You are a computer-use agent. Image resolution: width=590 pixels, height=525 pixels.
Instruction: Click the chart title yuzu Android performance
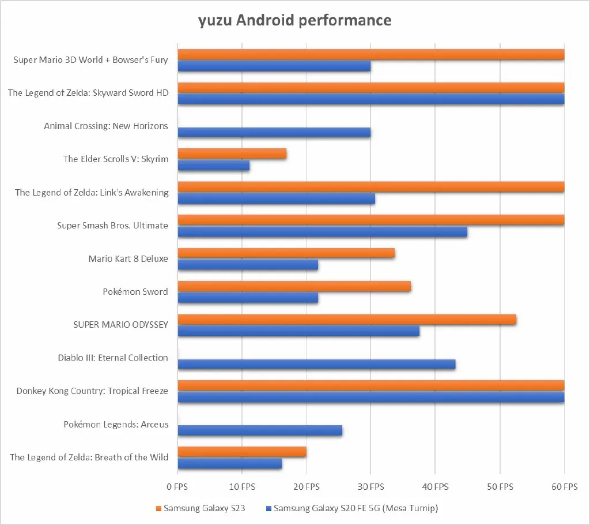click(x=294, y=21)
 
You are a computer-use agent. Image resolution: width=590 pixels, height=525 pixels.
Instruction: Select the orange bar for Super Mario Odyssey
click(x=347, y=320)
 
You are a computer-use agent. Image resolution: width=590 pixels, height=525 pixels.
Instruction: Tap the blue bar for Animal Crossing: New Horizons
click(x=274, y=132)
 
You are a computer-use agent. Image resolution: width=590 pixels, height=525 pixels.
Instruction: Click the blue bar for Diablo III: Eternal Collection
click(x=317, y=364)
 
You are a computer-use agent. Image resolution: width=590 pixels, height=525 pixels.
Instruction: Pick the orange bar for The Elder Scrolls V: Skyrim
click(x=232, y=153)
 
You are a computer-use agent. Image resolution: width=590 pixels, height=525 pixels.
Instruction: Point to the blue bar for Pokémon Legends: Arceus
click(x=260, y=430)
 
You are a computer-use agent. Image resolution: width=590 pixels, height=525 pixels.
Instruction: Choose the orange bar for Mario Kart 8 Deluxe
click(x=286, y=253)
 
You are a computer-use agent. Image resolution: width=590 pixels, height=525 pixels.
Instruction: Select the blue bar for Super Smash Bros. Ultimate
click(x=323, y=232)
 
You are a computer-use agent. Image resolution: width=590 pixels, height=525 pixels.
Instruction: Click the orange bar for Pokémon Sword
click(x=294, y=286)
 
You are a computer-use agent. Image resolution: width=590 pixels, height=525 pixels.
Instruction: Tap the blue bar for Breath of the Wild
click(x=230, y=463)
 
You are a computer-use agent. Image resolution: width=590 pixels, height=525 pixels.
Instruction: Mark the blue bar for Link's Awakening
click(x=277, y=198)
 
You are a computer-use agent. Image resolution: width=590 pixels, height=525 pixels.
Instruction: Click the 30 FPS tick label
click(x=370, y=487)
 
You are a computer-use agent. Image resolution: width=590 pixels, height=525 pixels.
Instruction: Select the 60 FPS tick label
click(x=563, y=487)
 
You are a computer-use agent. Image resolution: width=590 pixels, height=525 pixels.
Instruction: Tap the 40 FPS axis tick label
click(x=435, y=487)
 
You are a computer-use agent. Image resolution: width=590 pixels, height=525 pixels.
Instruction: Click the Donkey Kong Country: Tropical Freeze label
click(x=92, y=391)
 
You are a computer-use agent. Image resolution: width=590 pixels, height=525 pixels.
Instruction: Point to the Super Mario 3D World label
click(x=91, y=60)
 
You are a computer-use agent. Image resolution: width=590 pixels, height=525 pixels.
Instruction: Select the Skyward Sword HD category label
click(x=88, y=93)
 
